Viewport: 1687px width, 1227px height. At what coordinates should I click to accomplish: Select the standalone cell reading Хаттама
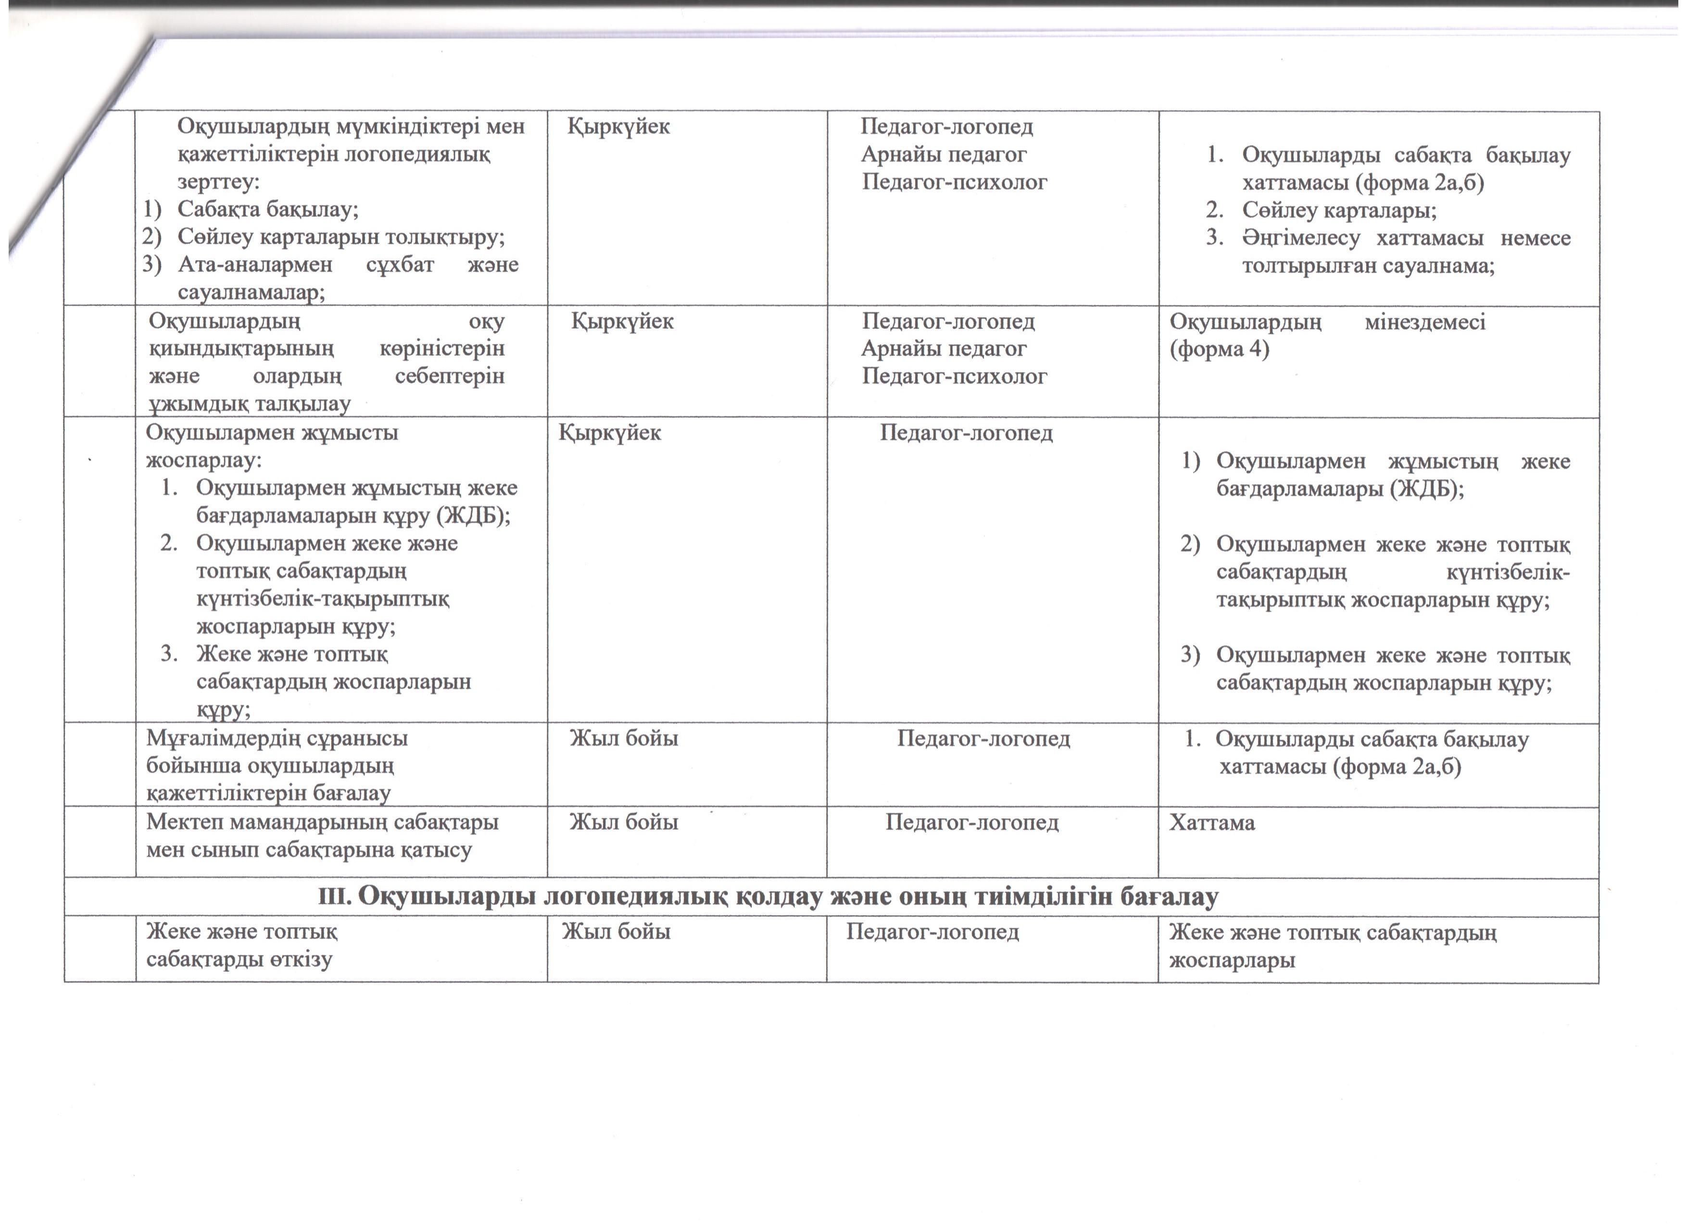1212,822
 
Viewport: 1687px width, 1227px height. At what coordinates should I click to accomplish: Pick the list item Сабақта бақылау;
268,209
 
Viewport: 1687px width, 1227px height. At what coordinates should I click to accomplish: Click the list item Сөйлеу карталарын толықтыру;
340,237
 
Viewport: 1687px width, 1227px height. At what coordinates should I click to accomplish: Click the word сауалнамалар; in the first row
252,293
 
